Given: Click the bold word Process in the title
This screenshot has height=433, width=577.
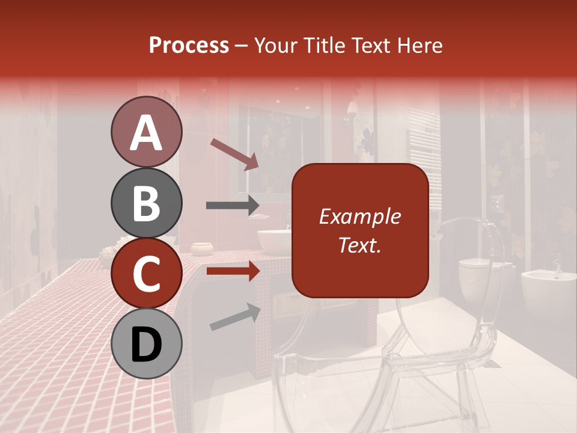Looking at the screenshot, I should coord(189,46).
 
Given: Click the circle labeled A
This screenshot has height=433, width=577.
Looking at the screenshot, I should coord(146,132).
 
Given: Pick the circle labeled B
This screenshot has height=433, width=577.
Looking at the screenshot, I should coord(146,203).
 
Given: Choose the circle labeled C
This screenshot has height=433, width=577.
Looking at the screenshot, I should coord(146,273).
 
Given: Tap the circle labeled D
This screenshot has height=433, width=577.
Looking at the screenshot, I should coord(146,343).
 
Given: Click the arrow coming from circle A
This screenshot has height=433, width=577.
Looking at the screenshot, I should coord(234,154).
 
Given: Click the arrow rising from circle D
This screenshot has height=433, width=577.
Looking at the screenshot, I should coord(235,317).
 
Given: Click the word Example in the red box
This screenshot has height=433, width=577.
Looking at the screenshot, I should coord(359,216).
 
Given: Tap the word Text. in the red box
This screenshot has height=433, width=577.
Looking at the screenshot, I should coord(359,245).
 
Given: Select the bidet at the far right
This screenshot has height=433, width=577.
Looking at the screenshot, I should coord(547,289).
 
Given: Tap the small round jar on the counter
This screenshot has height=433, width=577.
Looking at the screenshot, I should coord(203,248).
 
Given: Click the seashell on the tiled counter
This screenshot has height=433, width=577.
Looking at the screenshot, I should coord(109,254).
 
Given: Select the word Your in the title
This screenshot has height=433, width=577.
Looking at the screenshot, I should coord(274,46).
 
